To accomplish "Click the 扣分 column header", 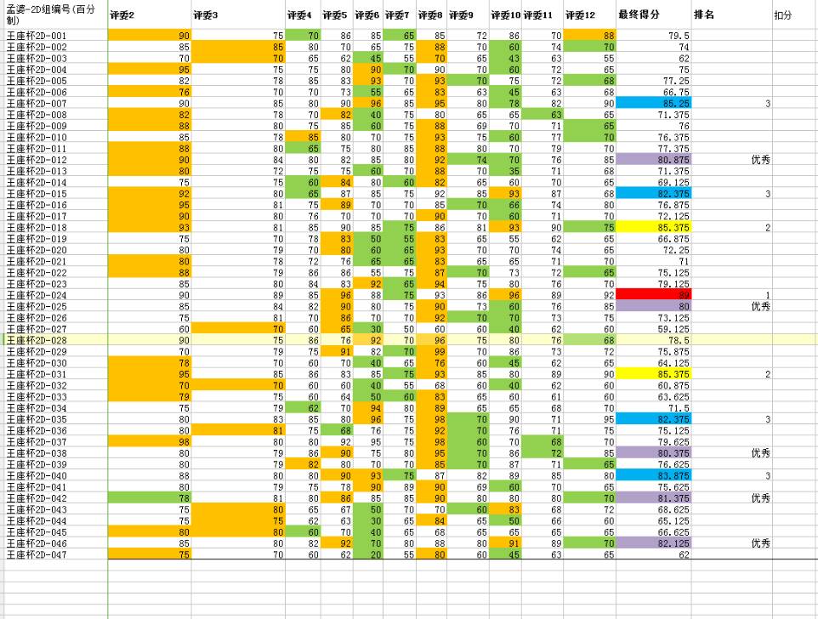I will pyautogui.click(x=782, y=15).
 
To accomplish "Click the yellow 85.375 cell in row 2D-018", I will pyautogui.click(x=654, y=228).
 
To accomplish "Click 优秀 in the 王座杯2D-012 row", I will pyautogui.click(x=760, y=160).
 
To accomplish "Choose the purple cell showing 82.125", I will pyautogui.click(x=654, y=542).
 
